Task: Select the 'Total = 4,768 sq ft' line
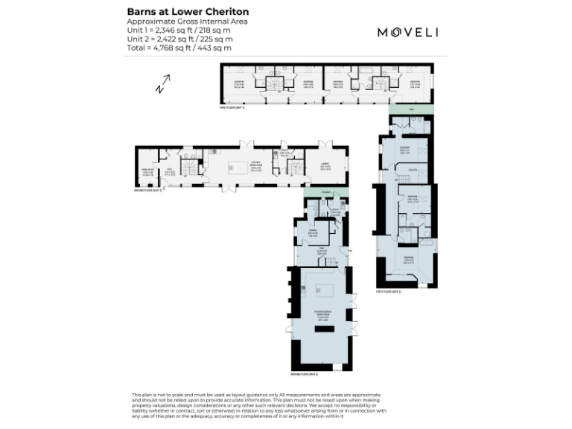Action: (x=179, y=48)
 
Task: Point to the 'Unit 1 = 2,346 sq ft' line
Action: (x=179, y=31)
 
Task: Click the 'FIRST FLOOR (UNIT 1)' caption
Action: (x=232, y=108)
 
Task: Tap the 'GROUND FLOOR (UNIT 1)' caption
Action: (x=148, y=191)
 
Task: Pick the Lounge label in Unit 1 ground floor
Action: (x=325, y=168)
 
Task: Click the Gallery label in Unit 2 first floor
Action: (x=411, y=169)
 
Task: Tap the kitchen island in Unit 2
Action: (x=325, y=290)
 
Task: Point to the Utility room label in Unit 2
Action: (x=334, y=212)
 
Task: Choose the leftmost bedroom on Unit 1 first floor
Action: (x=239, y=83)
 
